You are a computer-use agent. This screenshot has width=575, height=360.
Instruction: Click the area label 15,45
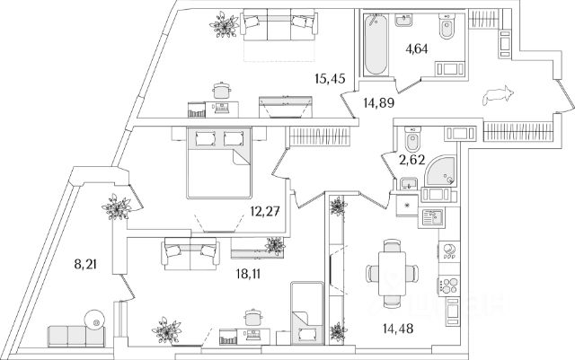click(330, 78)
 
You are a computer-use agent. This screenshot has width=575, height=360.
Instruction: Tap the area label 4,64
click(417, 48)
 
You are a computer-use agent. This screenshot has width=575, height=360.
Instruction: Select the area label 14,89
click(379, 103)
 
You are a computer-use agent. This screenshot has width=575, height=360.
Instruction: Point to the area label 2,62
click(412, 160)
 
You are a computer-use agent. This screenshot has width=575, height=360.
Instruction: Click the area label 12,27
click(265, 211)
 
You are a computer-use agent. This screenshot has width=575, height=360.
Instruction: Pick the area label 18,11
click(248, 274)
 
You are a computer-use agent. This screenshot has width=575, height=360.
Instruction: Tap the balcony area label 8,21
click(85, 264)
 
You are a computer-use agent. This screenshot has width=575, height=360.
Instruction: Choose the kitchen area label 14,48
click(398, 329)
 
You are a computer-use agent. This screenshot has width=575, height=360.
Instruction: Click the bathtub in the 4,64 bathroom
click(376, 44)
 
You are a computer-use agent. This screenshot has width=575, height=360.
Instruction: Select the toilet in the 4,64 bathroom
click(447, 26)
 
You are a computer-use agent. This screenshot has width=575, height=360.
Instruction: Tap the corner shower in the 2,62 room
click(440, 171)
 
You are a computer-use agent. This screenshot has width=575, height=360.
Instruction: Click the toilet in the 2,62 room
click(412, 139)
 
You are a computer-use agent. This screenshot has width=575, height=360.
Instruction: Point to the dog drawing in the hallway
click(498, 96)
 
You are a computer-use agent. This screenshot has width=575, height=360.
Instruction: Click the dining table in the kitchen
click(393, 273)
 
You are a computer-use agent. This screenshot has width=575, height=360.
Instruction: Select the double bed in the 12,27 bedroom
click(219, 162)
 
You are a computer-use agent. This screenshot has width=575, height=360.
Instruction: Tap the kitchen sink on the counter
click(433, 217)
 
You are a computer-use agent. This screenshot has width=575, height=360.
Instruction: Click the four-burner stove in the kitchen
click(449, 285)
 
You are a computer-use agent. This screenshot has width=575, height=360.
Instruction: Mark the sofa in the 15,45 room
click(279, 25)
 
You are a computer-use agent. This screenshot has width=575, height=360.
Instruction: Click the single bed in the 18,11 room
click(307, 312)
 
